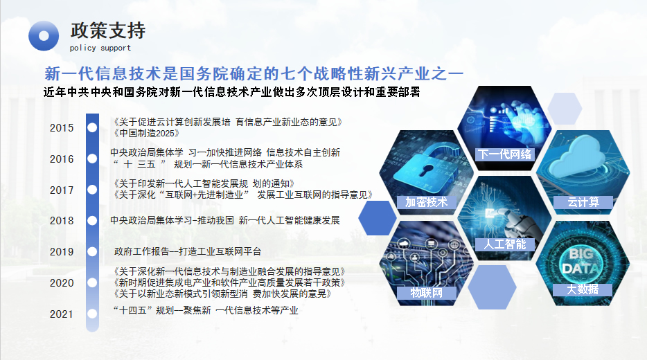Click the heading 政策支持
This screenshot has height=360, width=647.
108,30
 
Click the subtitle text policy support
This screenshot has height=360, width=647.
100,48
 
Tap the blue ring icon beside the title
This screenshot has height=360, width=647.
44,36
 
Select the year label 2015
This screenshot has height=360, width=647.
62,128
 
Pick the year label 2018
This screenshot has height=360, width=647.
62,221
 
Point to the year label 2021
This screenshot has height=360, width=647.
62,314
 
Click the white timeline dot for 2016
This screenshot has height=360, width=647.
92,159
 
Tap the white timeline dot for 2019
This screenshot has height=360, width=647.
92,251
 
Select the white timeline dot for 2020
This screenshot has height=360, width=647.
92,283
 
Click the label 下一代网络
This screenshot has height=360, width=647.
504,154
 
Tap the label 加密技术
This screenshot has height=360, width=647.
427,202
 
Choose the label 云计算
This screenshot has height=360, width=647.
583,202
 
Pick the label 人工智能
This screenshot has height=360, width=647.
504,244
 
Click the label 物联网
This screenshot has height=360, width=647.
427,293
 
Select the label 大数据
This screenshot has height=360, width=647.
582,289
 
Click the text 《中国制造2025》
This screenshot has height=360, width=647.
146,133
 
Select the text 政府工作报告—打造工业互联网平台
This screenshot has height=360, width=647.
188,251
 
